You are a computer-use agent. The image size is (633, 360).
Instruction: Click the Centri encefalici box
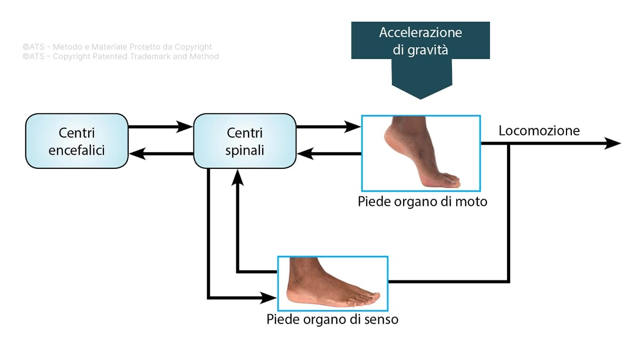(x=76, y=141)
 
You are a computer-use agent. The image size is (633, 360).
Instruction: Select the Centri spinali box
(x=244, y=141)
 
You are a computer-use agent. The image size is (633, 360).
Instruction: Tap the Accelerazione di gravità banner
(x=420, y=41)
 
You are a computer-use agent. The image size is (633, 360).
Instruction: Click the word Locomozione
(x=539, y=130)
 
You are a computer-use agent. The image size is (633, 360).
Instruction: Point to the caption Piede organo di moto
(x=422, y=202)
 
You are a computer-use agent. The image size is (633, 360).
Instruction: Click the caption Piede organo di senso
(x=332, y=319)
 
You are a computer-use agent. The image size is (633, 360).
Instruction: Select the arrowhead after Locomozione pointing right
(x=613, y=143)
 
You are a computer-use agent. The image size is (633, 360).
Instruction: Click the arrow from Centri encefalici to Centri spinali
(x=160, y=127)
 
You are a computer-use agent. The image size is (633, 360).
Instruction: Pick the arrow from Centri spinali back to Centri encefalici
(x=160, y=154)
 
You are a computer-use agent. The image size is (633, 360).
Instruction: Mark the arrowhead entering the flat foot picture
(x=269, y=298)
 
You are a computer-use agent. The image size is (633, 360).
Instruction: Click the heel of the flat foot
(x=293, y=296)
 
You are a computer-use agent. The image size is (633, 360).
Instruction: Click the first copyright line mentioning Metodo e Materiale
(x=117, y=47)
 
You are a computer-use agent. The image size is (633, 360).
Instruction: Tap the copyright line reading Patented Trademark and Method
(x=120, y=56)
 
